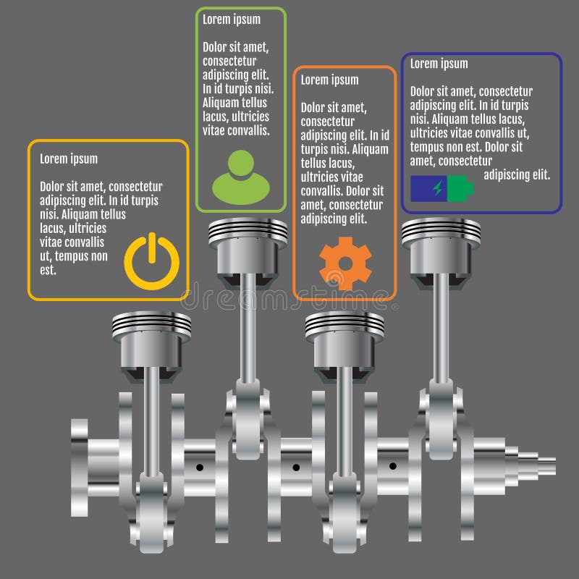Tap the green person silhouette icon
(241, 177)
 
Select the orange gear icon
(345, 263)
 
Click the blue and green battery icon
(442, 188)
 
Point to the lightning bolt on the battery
(438, 188)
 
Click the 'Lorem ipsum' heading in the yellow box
(69, 159)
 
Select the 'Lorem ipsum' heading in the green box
(232, 20)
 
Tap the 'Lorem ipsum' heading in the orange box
(330, 80)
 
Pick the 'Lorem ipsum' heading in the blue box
(439, 64)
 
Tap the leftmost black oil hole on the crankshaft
(200, 468)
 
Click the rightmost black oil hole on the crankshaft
(393, 466)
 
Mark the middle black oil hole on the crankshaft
(296, 468)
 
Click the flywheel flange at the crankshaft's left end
(80, 468)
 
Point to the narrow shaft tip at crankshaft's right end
(547, 466)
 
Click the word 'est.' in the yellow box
(48, 270)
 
